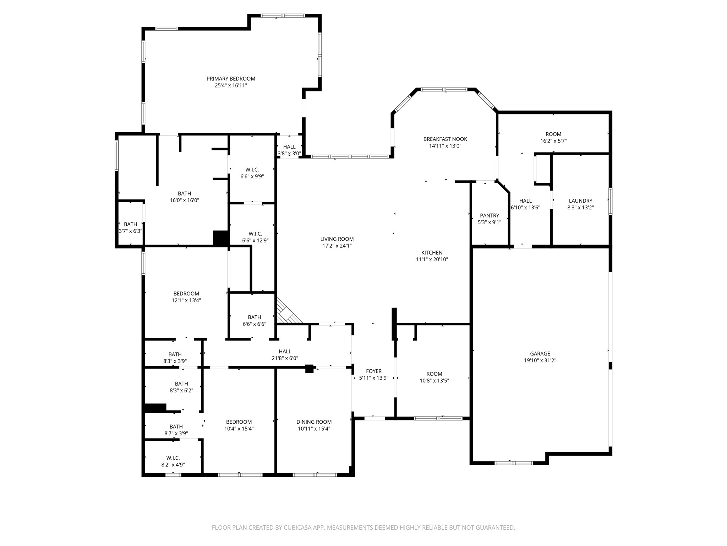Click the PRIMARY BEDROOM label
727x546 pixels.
point(231,79)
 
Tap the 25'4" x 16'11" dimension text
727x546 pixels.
point(231,85)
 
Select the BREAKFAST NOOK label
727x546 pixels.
point(445,139)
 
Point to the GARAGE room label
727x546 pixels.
point(540,353)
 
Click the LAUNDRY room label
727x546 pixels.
point(580,200)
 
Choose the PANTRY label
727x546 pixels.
point(489,215)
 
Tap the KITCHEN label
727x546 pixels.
point(432,253)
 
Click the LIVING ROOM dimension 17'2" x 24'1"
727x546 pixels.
point(337,246)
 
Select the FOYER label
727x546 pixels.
point(373,371)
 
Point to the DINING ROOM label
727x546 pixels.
point(314,422)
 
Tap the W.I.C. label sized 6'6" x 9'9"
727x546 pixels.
point(252,170)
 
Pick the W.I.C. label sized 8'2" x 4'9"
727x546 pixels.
point(173,458)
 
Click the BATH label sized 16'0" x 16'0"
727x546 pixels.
point(184,193)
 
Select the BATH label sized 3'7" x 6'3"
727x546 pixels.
point(130,224)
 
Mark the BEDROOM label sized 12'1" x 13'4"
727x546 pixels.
point(186,294)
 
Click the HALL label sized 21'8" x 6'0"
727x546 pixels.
point(285,352)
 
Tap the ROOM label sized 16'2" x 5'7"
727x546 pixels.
point(553,134)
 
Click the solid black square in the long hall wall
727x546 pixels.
point(309,369)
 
